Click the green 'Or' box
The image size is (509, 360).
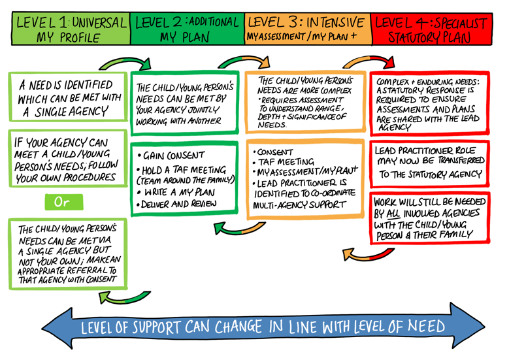[x=62, y=203]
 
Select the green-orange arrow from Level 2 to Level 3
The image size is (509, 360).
[x=240, y=62]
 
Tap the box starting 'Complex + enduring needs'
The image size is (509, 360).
[x=429, y=103]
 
